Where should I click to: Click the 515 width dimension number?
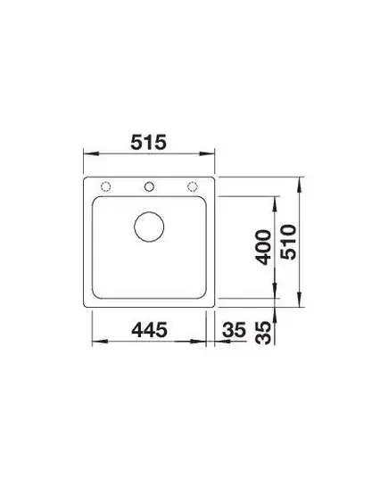148,142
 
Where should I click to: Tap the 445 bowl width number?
149,330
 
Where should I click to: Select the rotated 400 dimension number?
264,247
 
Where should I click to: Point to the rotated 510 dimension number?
289,243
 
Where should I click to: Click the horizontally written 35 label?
234,330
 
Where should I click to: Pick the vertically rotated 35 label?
264,333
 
